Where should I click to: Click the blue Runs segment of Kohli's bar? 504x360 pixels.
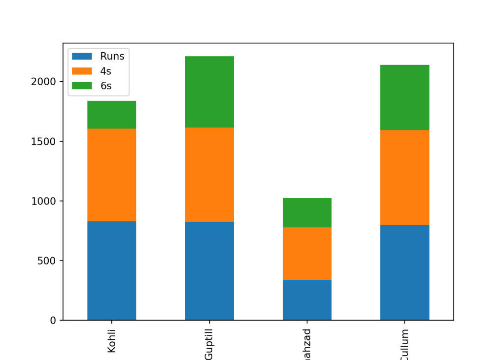[x=111, y=270]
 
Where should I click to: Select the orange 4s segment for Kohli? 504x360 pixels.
[x=111, y=175]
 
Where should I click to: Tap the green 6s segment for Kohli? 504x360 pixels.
[x=111, y=115]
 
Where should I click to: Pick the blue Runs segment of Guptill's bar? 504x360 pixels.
[x=209, y=271]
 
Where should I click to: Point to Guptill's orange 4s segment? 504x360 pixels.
[x=209, y=175]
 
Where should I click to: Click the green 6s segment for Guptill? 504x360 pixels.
[x=209, y=92]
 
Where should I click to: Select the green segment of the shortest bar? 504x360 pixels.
[x=307, y=212]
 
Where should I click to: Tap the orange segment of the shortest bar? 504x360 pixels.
[x=307, y=253]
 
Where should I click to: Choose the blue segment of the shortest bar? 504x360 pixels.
[x=307, y=300]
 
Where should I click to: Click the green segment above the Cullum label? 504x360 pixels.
[x=404, y=98]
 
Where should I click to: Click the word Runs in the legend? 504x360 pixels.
[x=112, y=56]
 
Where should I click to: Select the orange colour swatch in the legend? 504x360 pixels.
[x=82, y=71]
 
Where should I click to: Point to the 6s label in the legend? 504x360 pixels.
[x=106, y=86]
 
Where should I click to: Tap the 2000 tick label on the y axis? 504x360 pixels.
[x=43, y=82]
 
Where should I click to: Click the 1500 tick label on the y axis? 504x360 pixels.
[x=43, y=141]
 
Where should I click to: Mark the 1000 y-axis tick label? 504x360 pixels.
[x=43, y=201]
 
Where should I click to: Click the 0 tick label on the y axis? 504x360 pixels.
[x=53, y=321]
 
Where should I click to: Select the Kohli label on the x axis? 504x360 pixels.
[x=112, y=340]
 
